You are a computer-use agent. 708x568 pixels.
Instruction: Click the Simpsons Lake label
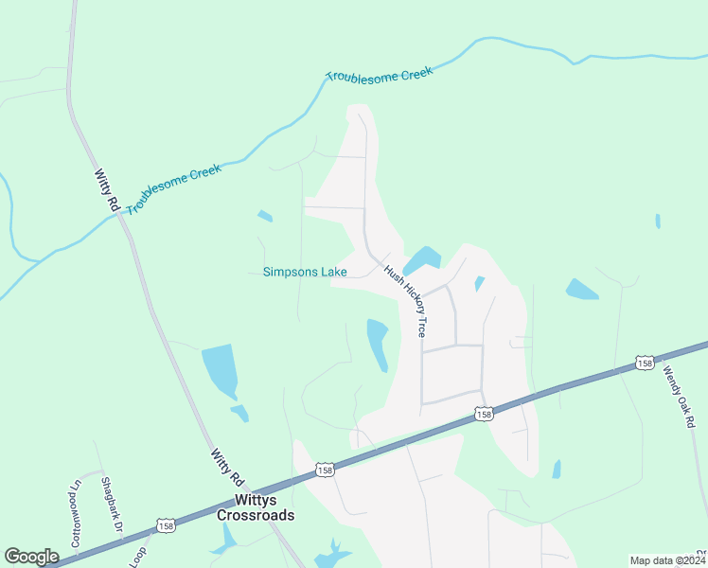305,273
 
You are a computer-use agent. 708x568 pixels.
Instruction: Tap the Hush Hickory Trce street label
406,301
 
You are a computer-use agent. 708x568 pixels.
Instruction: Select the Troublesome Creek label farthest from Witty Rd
380,73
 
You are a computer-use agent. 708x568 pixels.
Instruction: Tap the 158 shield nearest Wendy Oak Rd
645,364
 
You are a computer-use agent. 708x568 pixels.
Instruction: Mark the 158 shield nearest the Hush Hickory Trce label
484,414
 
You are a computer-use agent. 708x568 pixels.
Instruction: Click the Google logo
31,557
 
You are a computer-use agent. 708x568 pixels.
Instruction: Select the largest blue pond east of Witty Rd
220,369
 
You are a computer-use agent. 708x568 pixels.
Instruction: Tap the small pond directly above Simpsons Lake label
265,216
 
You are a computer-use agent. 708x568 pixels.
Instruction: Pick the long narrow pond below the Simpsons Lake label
378,344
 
